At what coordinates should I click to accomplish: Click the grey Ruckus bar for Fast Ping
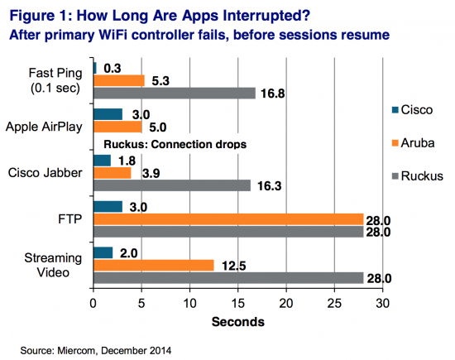coord(174,94)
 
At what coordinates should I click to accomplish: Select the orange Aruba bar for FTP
coord(228,218)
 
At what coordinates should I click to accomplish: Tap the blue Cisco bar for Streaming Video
coord(103,252)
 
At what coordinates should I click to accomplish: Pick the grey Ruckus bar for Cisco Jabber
coord(171,185)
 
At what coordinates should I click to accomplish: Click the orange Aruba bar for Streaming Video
coord(153,265)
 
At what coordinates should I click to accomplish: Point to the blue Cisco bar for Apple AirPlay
coord(108,114)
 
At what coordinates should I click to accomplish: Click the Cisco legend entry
coord(410,110)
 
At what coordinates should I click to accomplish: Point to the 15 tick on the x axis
coord(238,303)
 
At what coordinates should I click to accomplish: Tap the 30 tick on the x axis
coord(382,303)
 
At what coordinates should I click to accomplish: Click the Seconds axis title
coord(237,320)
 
